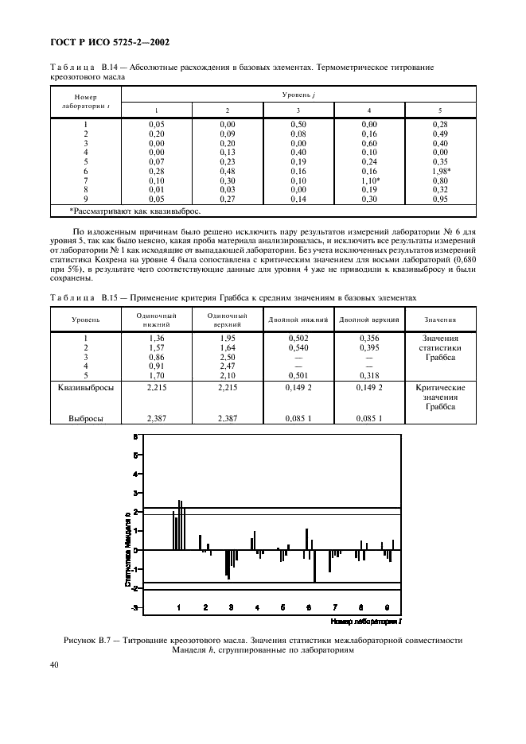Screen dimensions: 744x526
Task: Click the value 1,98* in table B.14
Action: tap(442, 172)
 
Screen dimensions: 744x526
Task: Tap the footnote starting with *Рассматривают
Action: tap(135, 211)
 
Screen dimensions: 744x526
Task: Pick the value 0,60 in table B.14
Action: tap(368, 143)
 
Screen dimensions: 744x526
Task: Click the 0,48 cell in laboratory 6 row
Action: tap(227, 172)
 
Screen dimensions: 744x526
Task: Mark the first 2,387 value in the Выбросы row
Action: tap(156, 417)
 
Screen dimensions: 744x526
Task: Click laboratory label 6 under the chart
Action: tap(309, 606)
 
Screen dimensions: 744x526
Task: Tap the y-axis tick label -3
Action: tap(136, 607)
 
